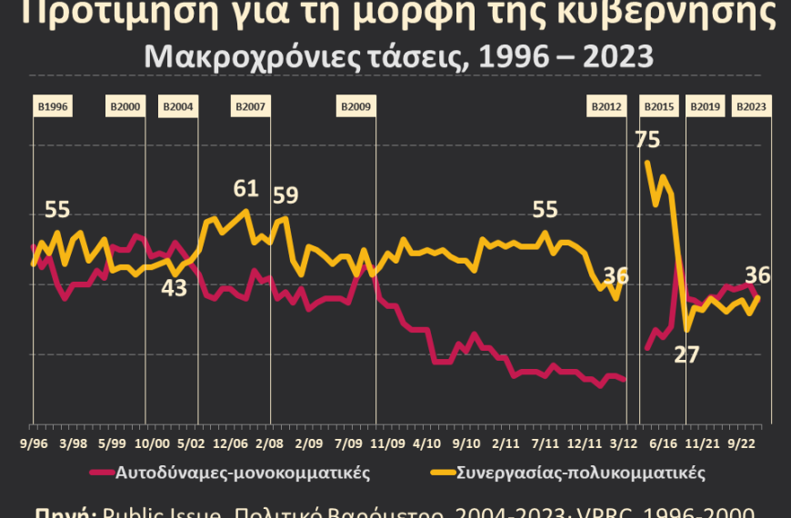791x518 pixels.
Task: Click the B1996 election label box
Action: coord(52,107)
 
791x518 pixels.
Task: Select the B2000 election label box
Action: coord(125,107)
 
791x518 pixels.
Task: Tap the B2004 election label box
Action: coord(178,107)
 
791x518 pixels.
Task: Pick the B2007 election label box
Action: coord(250,107)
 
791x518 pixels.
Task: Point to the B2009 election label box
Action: coord(355,107)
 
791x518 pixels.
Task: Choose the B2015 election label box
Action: coord(659,107)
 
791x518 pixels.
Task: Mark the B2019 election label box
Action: coord(705,107)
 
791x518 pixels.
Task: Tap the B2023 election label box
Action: coord(750,107)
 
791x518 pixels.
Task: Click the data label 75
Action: coord(647,140)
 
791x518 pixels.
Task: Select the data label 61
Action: coord(246,189)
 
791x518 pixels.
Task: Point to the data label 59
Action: coord(285,195)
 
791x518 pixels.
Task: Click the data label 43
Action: coord(174,288)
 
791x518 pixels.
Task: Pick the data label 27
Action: coord(686,354)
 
